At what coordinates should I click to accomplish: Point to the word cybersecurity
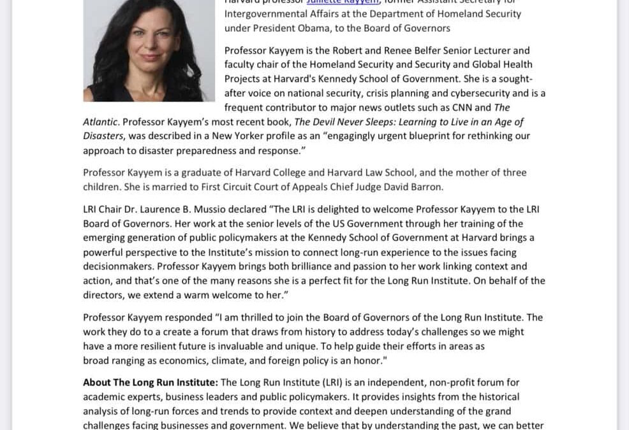(482, 93)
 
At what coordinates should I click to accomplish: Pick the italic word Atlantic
(100, 122)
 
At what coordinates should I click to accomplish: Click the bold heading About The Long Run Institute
(151, 382)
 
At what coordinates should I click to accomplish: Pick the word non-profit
(397, 382)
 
